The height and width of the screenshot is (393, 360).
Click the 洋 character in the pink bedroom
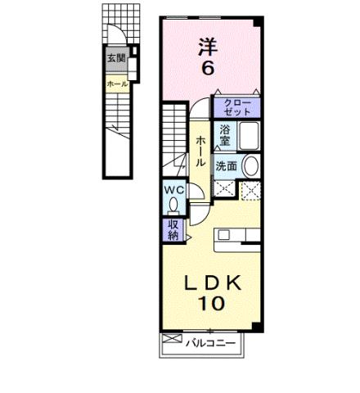pos(207,46)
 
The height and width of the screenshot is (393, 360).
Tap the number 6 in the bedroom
pos(208,69)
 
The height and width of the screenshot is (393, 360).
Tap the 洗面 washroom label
pos(227,166)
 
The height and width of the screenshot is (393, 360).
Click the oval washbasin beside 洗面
pos(250,165)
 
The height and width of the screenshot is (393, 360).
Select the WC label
pos(173,189)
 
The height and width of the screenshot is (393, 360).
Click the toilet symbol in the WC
pos(172,205)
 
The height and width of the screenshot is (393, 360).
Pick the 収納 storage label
pos(173,230)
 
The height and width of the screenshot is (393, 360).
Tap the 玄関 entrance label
pos(115,58)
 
